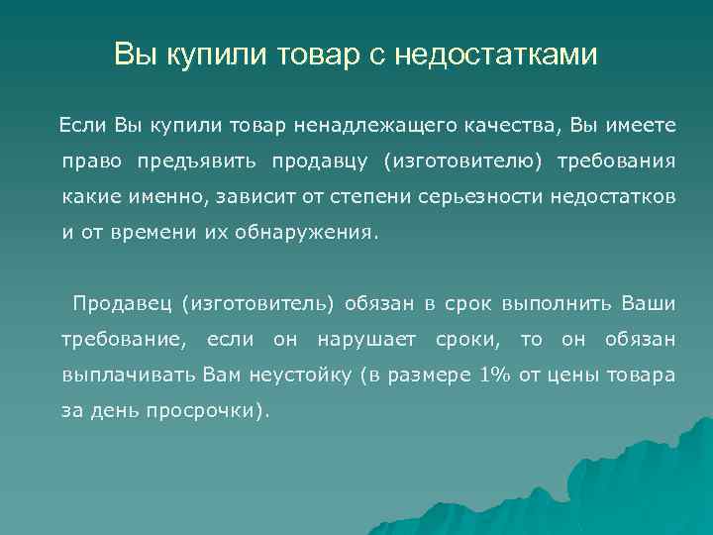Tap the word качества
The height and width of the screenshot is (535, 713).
click(x=505, y=125)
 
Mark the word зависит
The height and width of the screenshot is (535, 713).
click(x=246, y=196)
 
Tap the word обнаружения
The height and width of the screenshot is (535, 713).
click(x=317, y=233)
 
